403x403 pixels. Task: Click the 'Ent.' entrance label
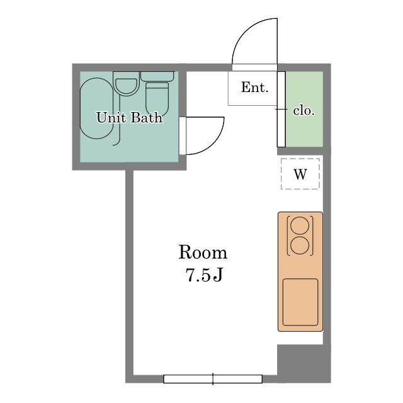click(254, 87)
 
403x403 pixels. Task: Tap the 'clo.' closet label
click(304, 111)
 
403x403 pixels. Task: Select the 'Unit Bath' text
click(129, 118)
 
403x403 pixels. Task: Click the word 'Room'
click(203, 253)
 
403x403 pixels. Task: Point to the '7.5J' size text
click(204, 275)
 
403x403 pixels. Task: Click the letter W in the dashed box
click(300, 174)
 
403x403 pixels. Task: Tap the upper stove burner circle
click(300, 225)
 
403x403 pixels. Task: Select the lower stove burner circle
click(300, 246)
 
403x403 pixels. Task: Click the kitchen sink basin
click(300, 302)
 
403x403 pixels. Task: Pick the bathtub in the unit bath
click(96, 108)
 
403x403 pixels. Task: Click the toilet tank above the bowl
click(157, 76)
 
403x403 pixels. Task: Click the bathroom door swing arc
click(215, 144)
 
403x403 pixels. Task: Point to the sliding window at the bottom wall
click(213, 379)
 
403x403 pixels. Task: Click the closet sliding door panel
click(281, 109)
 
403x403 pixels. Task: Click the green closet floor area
click(304, 109)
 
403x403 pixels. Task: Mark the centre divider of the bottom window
click(213, 379)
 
